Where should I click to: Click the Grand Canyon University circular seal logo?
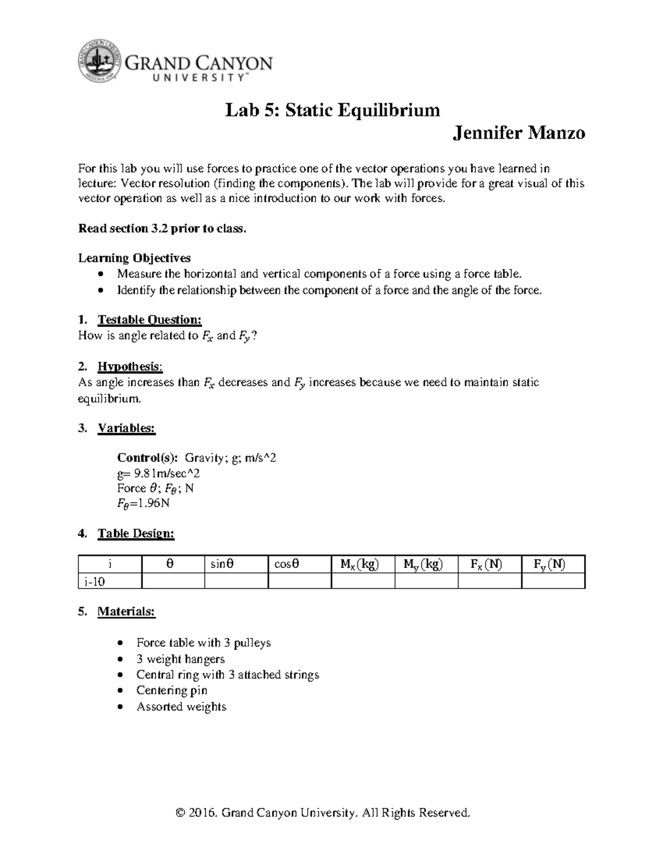[99, 61]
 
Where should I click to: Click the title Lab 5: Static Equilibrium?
[332, 110]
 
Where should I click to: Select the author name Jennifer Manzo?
[518, 133]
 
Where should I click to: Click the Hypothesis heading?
[130, 366]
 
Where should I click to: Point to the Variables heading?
[127, 428]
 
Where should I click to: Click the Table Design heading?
[136, 534]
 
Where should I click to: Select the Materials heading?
[127, 612]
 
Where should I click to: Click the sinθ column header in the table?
[222, 564]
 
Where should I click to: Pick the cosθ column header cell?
[287, 564]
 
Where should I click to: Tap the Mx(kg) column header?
[359, 564]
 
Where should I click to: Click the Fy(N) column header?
[549, 564]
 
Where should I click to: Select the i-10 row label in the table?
[94, 581]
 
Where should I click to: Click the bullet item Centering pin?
[171, 691]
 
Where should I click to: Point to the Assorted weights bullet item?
[181, 707]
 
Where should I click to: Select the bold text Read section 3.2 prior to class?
[162, 229]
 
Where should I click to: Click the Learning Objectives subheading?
[134, 258]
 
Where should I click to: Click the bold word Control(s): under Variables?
[148, 457]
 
